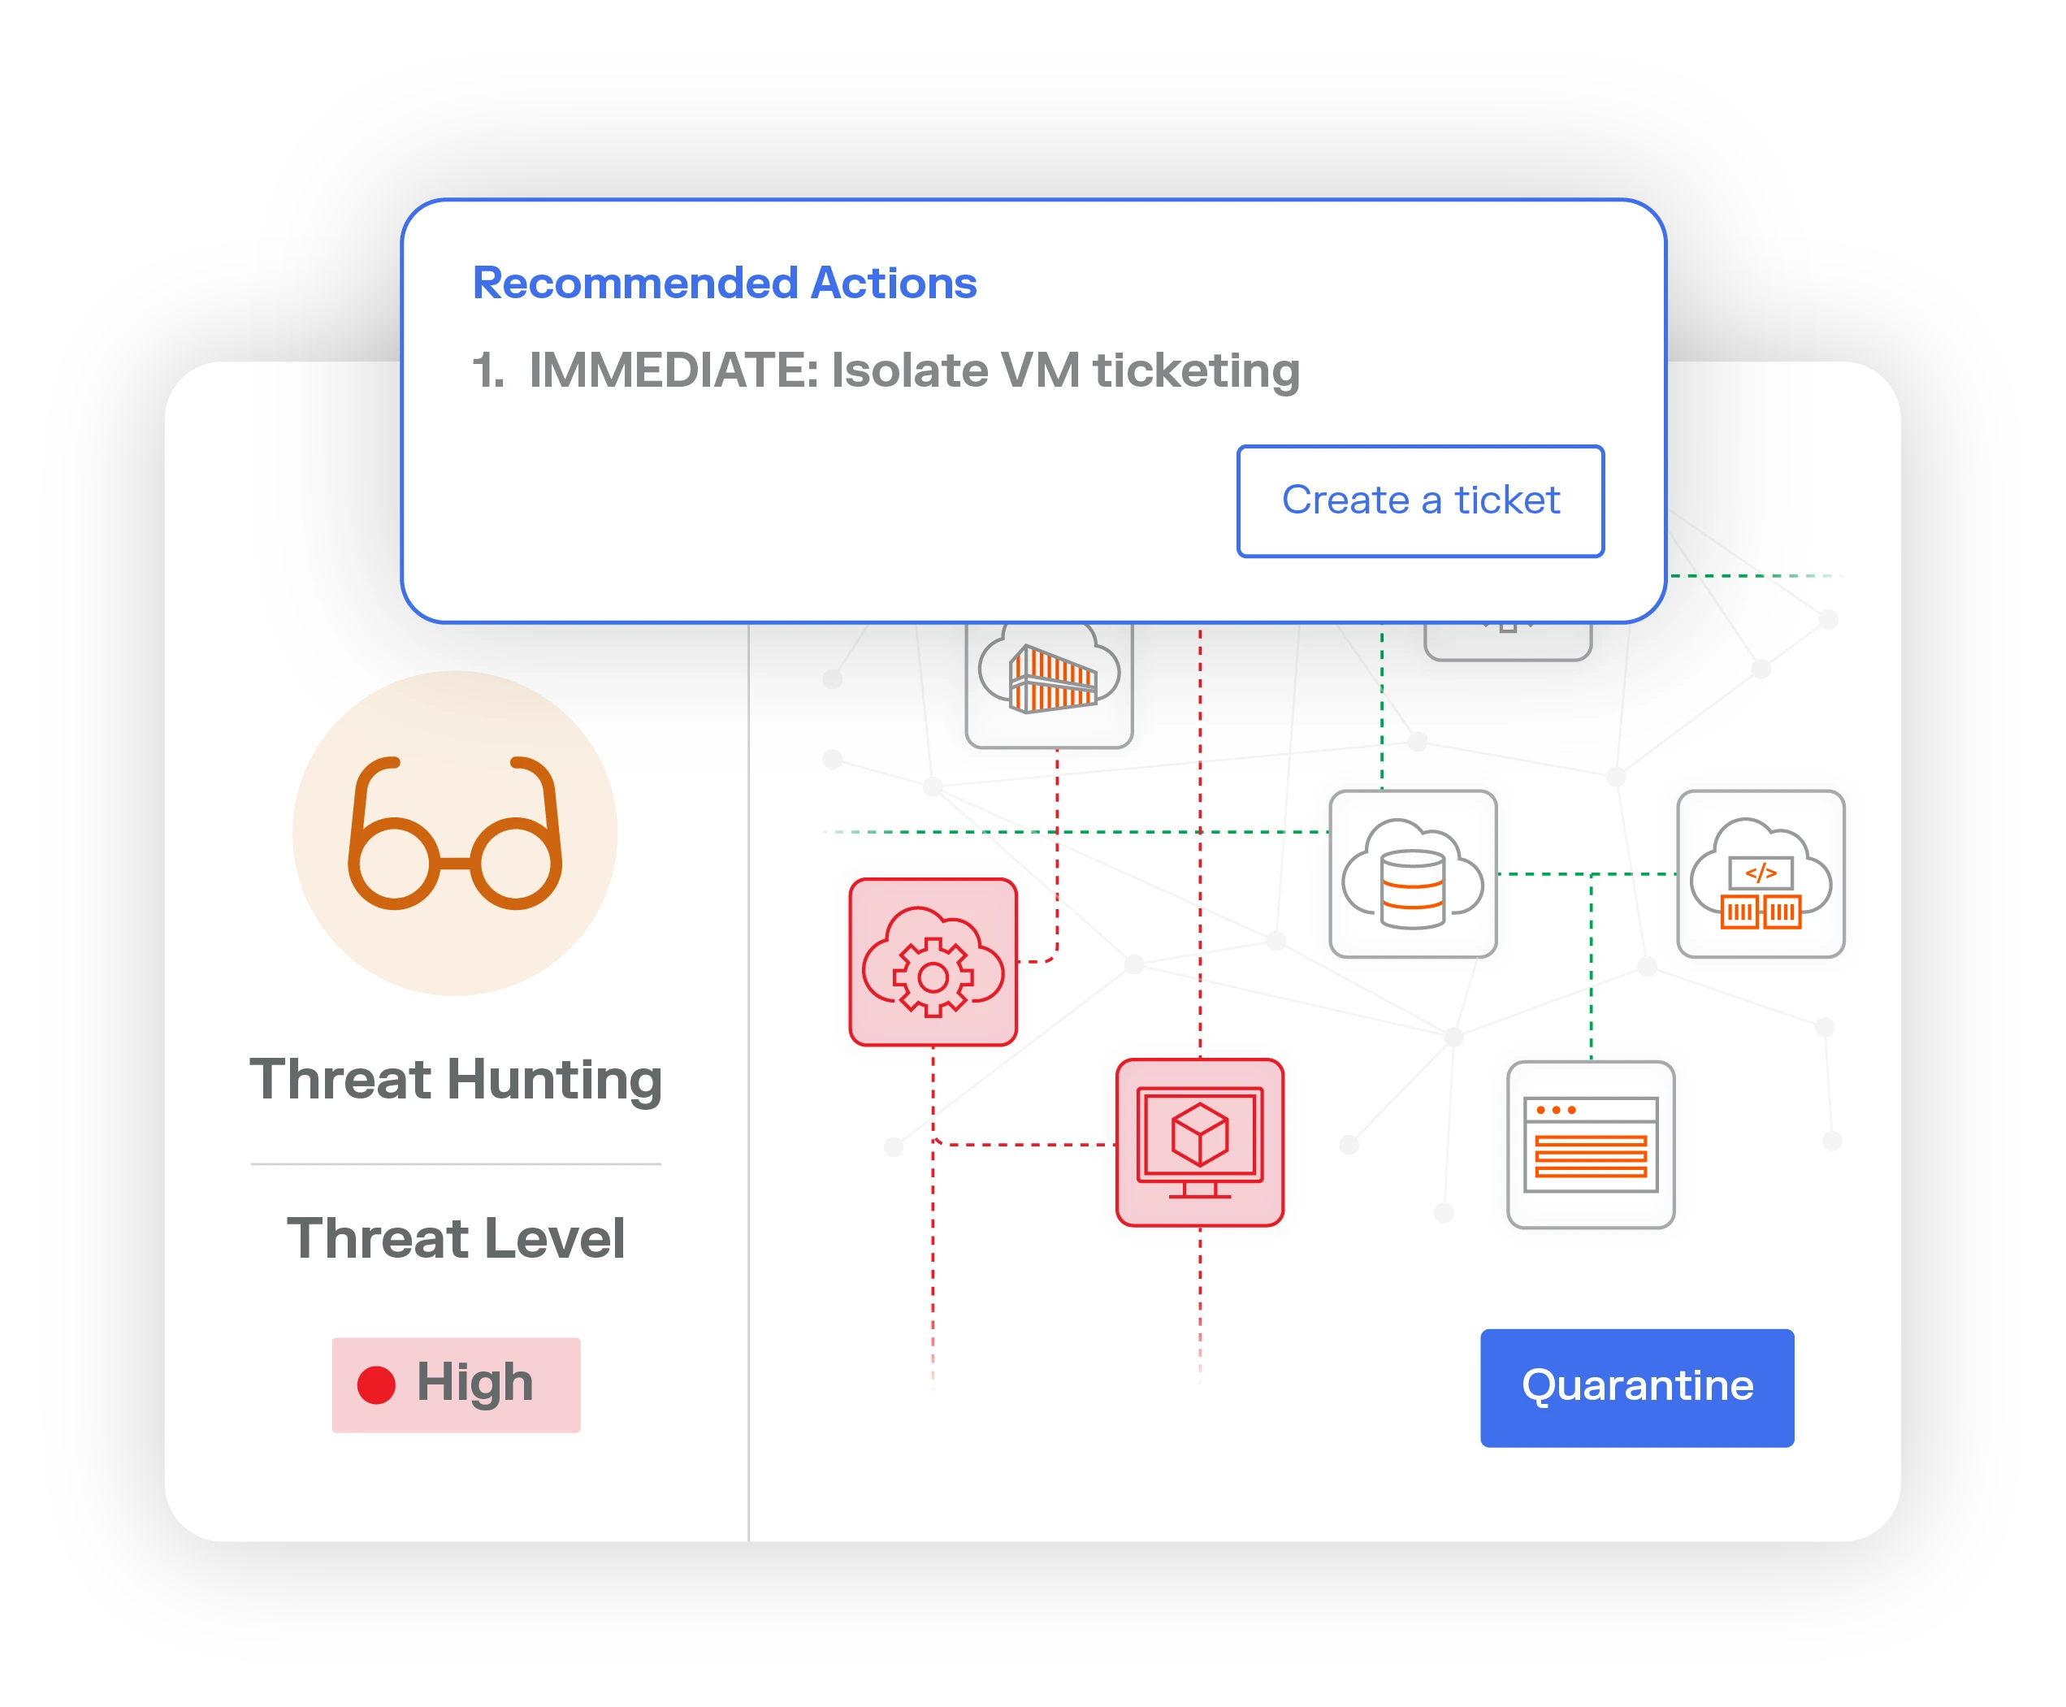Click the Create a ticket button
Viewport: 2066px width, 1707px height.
pos(1420,501)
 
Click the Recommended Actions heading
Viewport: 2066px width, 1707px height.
pos(725,284)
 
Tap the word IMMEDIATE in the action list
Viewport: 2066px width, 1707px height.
pos(673,370)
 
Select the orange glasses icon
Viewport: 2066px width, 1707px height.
pos(454,833)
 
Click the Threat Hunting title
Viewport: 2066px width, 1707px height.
pos(455,1080)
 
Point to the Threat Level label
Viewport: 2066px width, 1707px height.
pos(455,1238)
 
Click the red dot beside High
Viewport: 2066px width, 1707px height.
pos(375,1384)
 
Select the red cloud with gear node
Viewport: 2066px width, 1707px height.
pos(932,962)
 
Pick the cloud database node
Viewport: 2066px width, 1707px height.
pos(1412,874)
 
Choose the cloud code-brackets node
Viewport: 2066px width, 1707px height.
pos(1761,874)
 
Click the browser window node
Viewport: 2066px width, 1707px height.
pos(1590,1145)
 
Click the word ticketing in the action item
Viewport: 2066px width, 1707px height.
pos(1197,370)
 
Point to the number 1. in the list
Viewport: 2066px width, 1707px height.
pos(487,370)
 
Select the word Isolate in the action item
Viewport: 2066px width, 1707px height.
pos(910,370)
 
